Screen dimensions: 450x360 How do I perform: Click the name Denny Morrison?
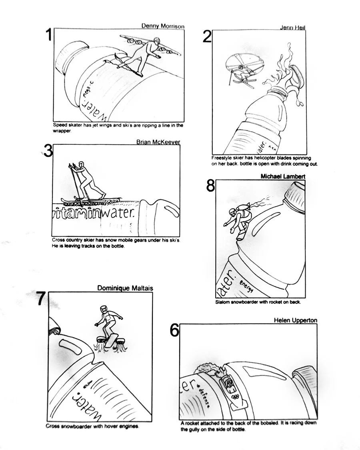(163, 26)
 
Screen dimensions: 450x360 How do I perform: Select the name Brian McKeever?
(158, 142)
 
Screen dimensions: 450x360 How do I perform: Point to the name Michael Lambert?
(283, 176)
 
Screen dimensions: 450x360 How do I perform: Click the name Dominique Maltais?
(125, 288)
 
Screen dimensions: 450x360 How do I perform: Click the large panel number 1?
(48, 36)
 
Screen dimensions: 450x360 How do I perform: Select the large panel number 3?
(48, 151)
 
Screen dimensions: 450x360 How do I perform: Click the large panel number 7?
(40, 299)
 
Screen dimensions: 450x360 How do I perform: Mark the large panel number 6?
(174, 331)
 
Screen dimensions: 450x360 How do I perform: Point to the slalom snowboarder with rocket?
(238, 220)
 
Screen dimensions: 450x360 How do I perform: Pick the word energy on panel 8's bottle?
(246, 285)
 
